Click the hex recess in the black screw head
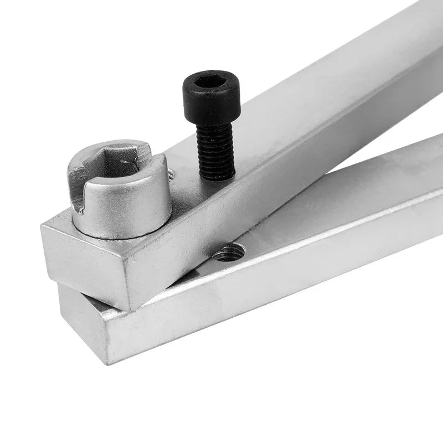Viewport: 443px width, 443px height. point(211,81)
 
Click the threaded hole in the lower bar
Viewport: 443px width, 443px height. point(229,253)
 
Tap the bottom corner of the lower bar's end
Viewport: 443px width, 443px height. point(107,363)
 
